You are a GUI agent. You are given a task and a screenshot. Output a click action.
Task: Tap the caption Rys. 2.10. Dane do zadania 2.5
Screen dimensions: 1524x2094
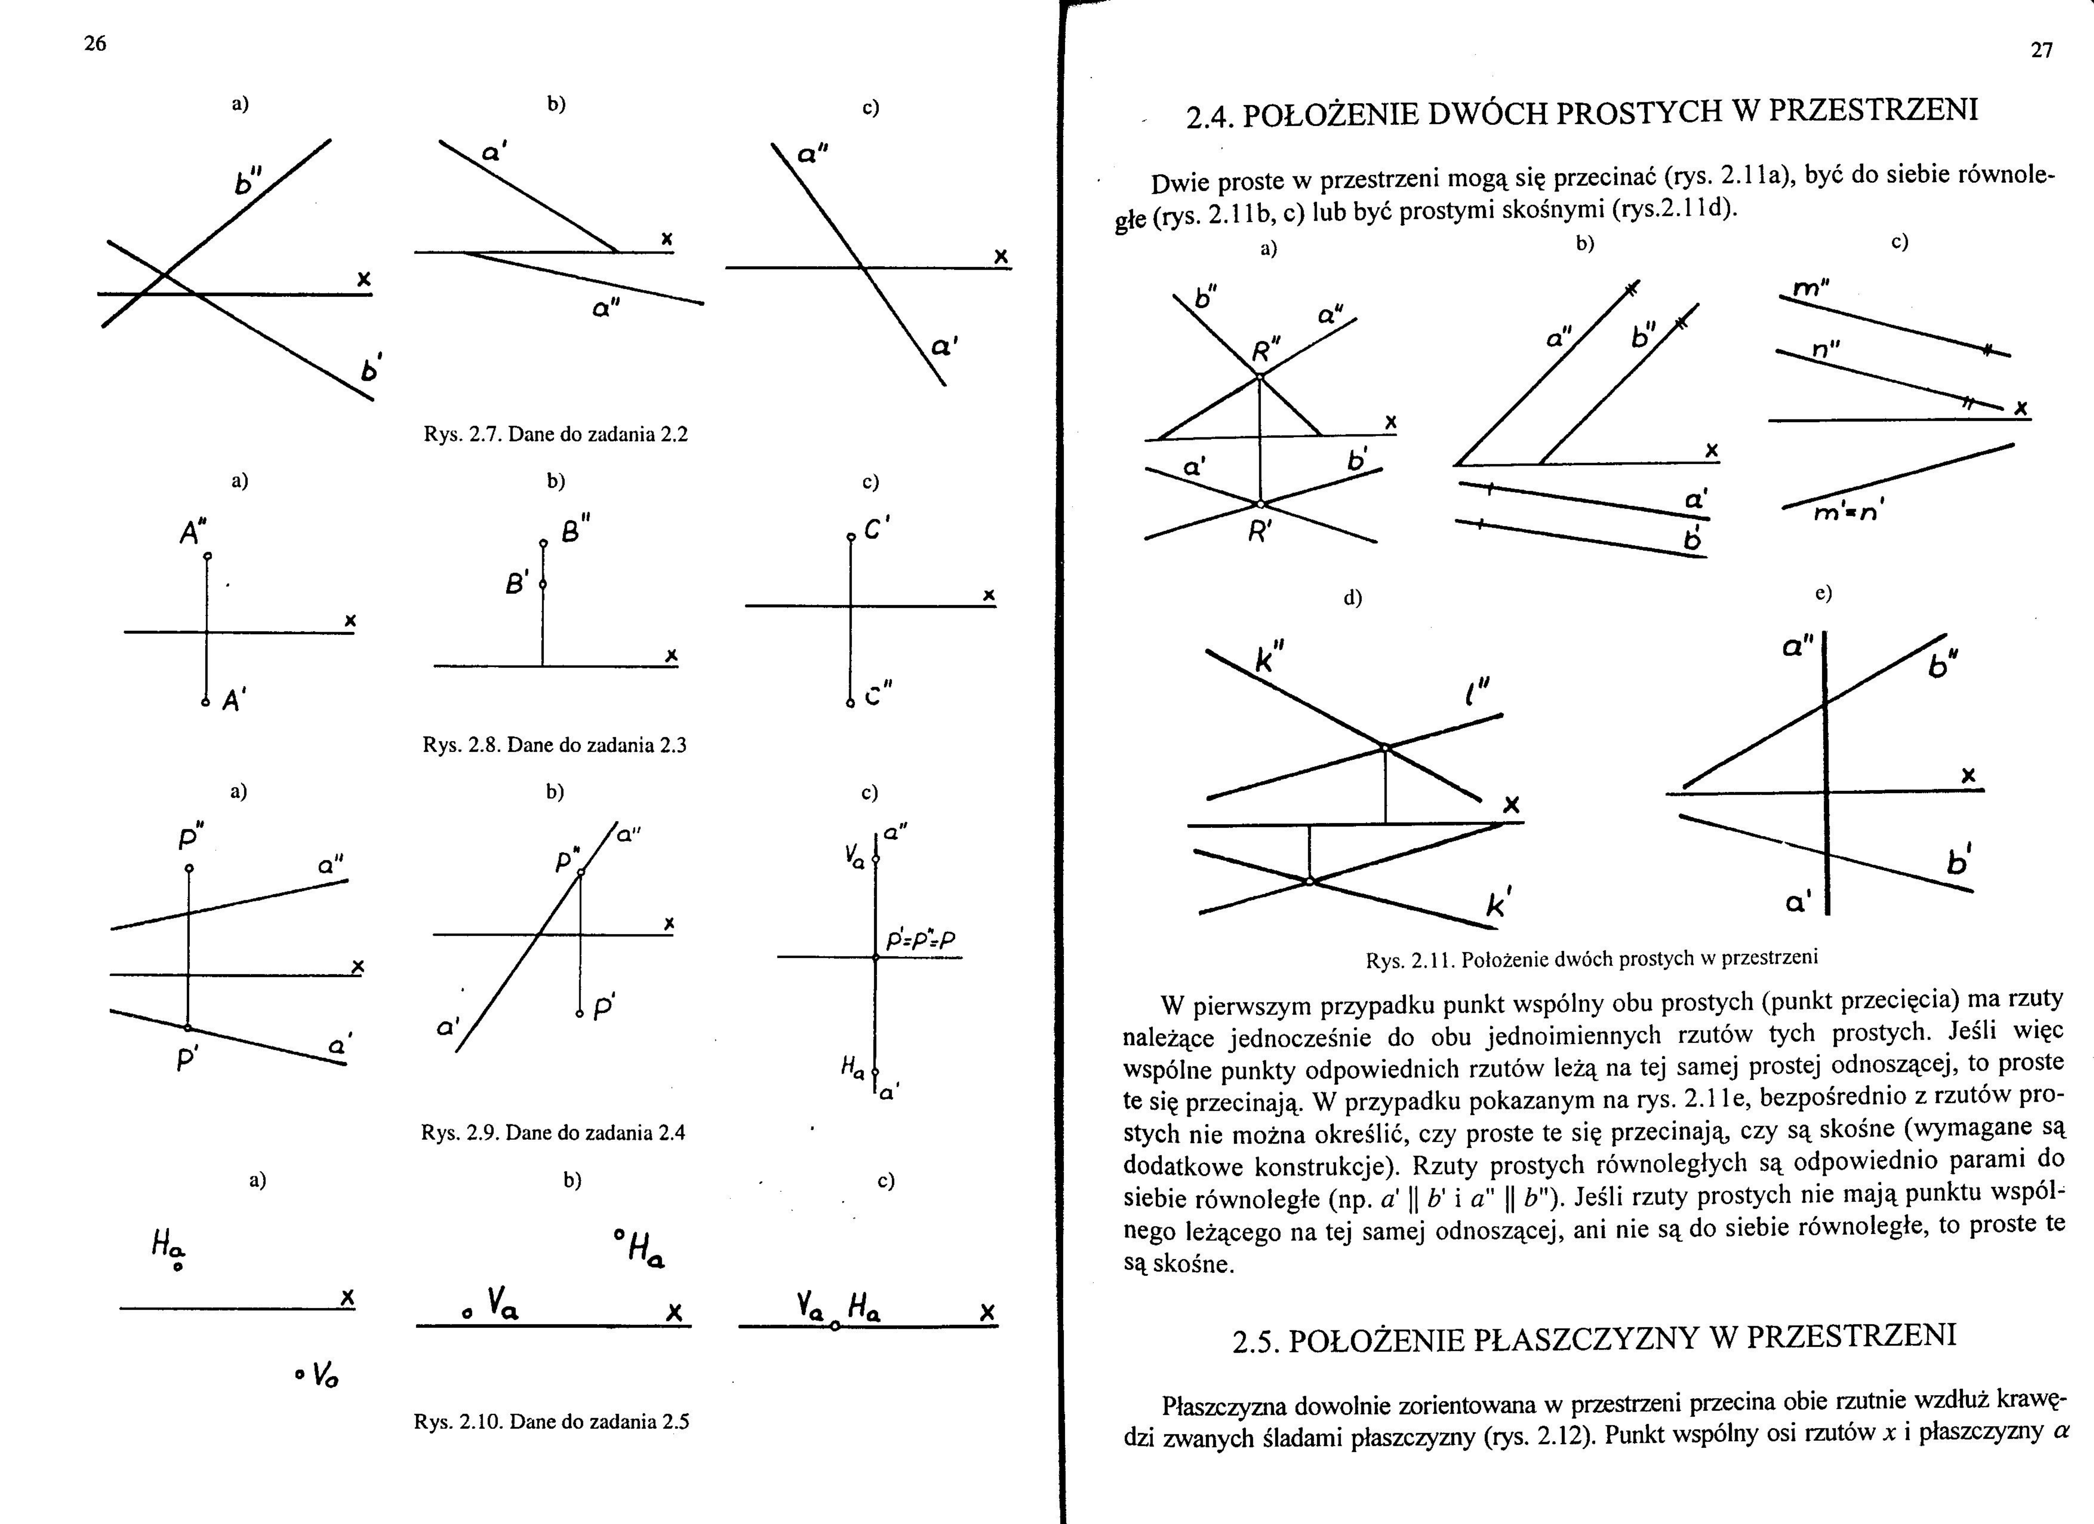[551, 1421]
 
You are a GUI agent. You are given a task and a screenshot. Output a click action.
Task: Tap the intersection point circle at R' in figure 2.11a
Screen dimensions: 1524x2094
[1260, 504]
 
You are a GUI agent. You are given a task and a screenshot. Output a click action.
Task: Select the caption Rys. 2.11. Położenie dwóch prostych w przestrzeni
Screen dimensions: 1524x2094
[1592, 958]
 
